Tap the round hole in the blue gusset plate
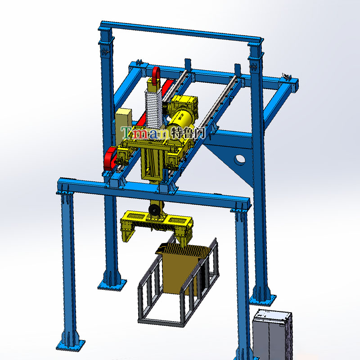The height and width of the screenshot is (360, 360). (x=239, y=160)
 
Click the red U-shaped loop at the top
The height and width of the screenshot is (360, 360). (x=156, y=76)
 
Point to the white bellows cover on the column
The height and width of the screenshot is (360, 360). (x=153, y=108)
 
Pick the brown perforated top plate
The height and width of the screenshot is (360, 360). (x=182, y=249)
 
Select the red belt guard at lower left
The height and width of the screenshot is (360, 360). (x=110, y=158)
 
